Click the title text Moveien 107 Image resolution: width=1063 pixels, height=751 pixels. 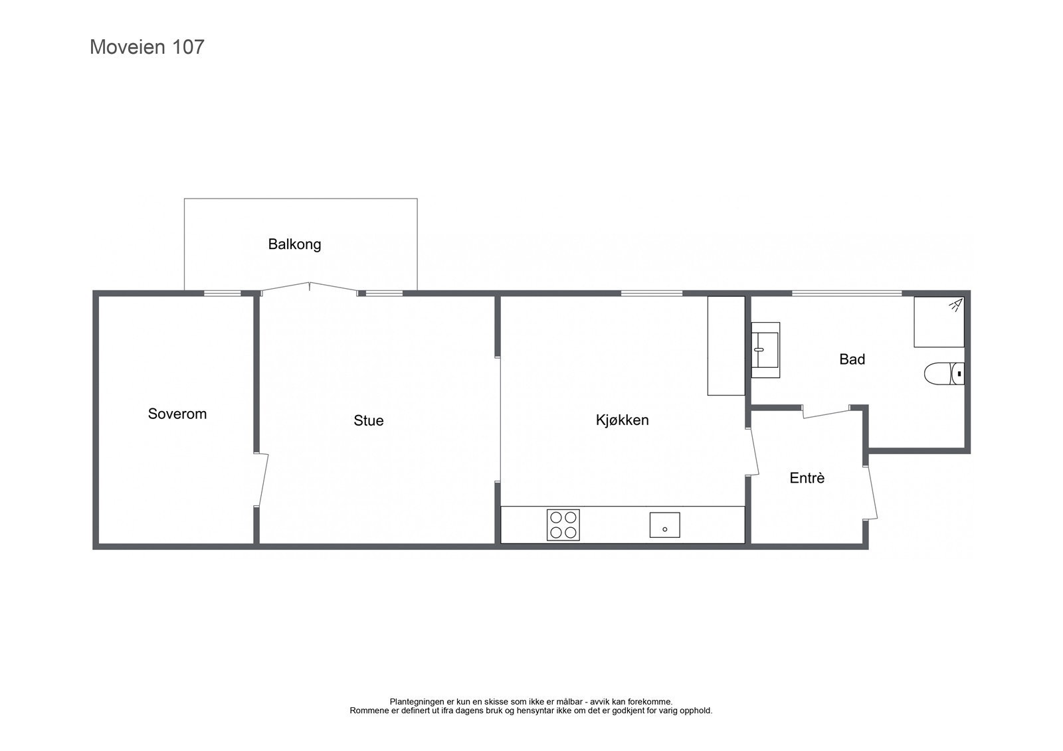click(x=147, y=47)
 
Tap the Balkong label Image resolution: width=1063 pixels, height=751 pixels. click(x=294, y=244)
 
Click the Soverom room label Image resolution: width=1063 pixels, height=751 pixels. click(x=177, y=414)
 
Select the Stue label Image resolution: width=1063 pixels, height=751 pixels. click(x=368, y=421)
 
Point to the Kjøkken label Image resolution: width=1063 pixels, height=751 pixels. click(x=622, y=420)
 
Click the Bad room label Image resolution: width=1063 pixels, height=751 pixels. click(x=852, y=360)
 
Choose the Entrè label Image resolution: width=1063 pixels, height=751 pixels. click(x=807, y=478)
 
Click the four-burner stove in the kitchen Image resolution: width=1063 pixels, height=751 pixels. click(x=563, y=525)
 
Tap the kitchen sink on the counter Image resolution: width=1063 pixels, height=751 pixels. click(x=664, y=525)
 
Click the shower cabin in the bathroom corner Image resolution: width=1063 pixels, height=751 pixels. click(x=938, y=322)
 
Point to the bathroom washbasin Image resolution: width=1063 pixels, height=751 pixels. click(x=765, y=350)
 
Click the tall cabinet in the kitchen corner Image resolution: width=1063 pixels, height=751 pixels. click(x=725, y=346)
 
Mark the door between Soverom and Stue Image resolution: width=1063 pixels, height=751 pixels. click(x=260, y=479)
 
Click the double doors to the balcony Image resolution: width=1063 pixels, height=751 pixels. click(x=310, y=288)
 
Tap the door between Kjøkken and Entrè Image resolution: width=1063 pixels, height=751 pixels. click(x=753, y=452)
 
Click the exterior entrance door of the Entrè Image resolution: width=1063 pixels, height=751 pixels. click(x=872, y=492)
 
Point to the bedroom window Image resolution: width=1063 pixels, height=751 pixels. click(x=222, y=293)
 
